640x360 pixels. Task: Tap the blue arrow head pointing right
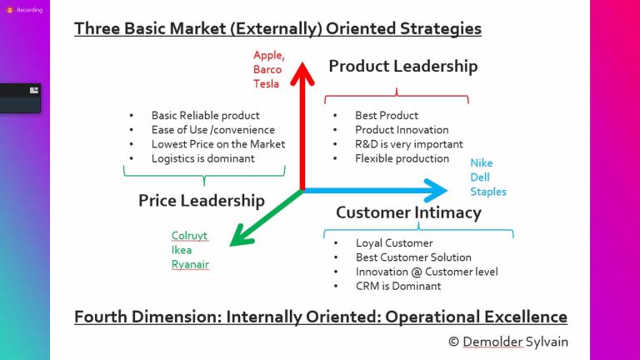[x=436, y=190]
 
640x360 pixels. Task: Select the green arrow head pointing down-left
[x=241, y=237]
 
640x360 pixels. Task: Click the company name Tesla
[x=266, y=83]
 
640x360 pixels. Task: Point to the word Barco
[x=267, y=69]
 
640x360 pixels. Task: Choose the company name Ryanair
[x=190, y=264]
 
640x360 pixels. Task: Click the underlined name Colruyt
[x=189, y=236]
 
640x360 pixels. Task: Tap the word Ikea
[x=182, y=250]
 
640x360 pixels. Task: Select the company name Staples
[x=488, y=192]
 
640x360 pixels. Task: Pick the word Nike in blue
[x=482, y=162]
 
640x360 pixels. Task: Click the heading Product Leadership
[x=403, y=66]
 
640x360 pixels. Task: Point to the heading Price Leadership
[x=202, y=200]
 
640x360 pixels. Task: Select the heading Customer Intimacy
[x=408, y=212]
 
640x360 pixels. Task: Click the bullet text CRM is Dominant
[x=398, y=286]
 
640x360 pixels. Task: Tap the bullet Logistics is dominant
[x=202, y=158]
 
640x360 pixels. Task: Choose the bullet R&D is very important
[x=409, y=144]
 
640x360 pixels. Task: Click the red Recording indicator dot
[x=10, y=10]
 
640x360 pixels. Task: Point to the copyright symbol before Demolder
[x=453, y=342]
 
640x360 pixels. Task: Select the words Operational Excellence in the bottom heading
[x=477, y=317]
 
